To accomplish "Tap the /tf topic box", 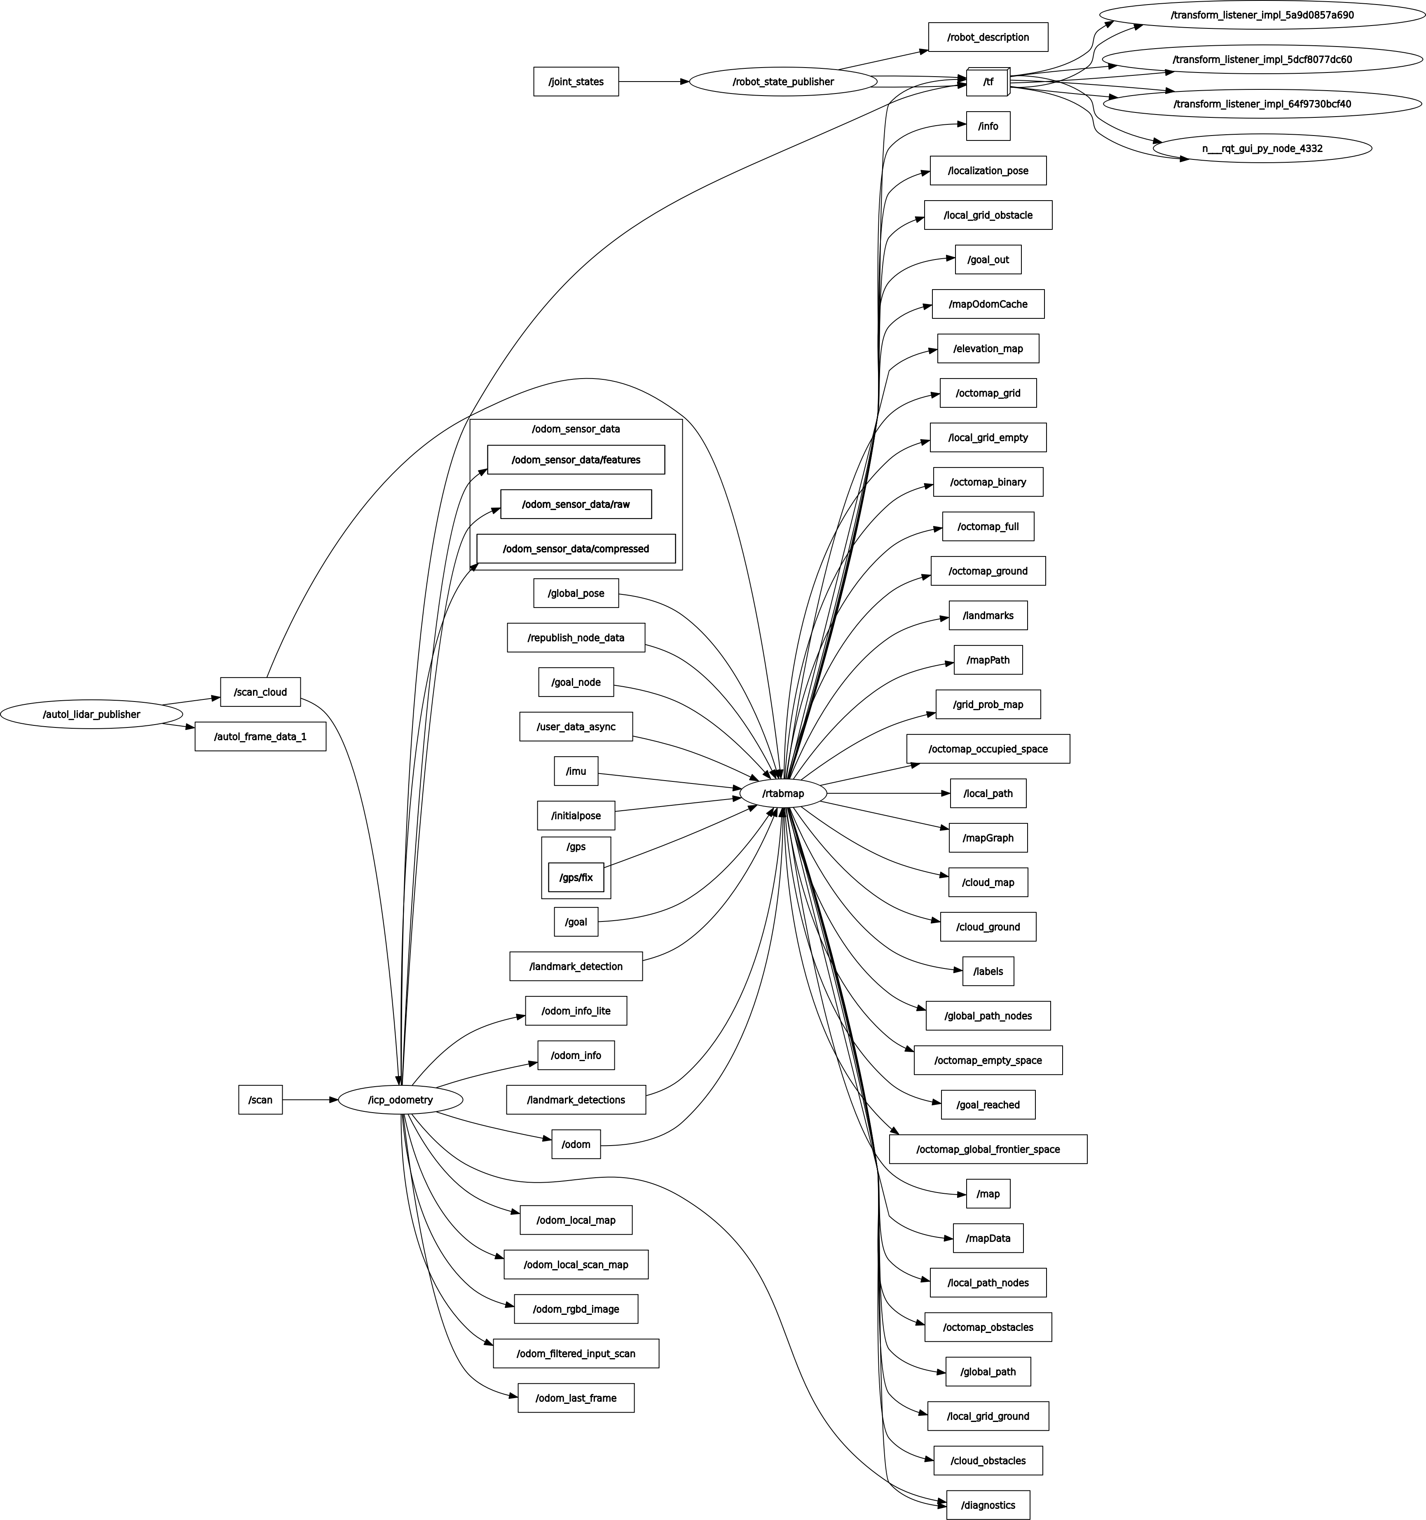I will pyautogui.click(x=988, y=82).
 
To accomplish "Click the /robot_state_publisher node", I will pyautogui.click(x=783, y=82).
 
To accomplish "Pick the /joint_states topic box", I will pyautogui.click(x=576, y=82).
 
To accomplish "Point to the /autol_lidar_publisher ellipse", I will pyautogui.click(x=91, y=714).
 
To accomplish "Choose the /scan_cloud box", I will pyautogui.click(x=260, y=692).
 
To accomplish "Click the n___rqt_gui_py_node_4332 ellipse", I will pyautogui.click(x=1262, y=148).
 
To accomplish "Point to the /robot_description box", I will pyautogui.click(x=988, y=37).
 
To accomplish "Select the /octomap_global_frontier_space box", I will pyautogui.click(x=988, y=1149).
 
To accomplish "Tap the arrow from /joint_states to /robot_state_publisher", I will pyautogui.click(x=654, y=82).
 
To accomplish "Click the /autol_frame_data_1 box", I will pyautogui.click(x=260, y=736).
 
